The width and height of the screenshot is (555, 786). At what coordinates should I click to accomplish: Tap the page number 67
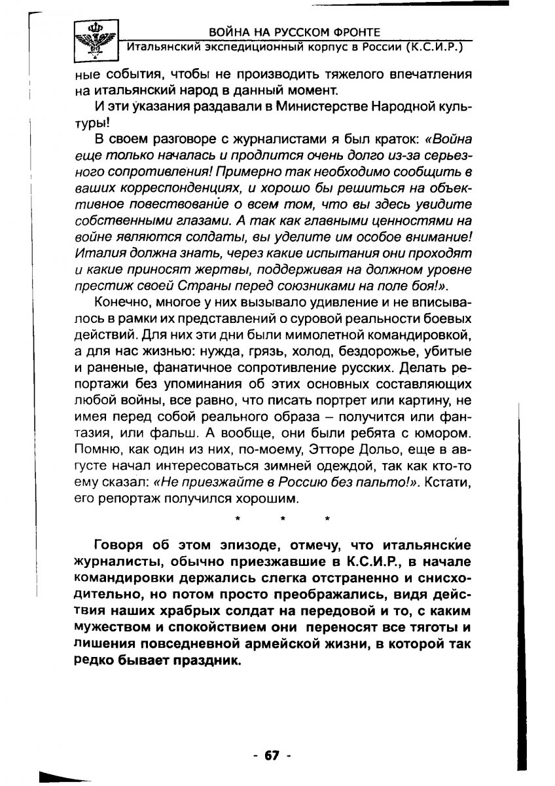pyautogui.click(x=272, y=755)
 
